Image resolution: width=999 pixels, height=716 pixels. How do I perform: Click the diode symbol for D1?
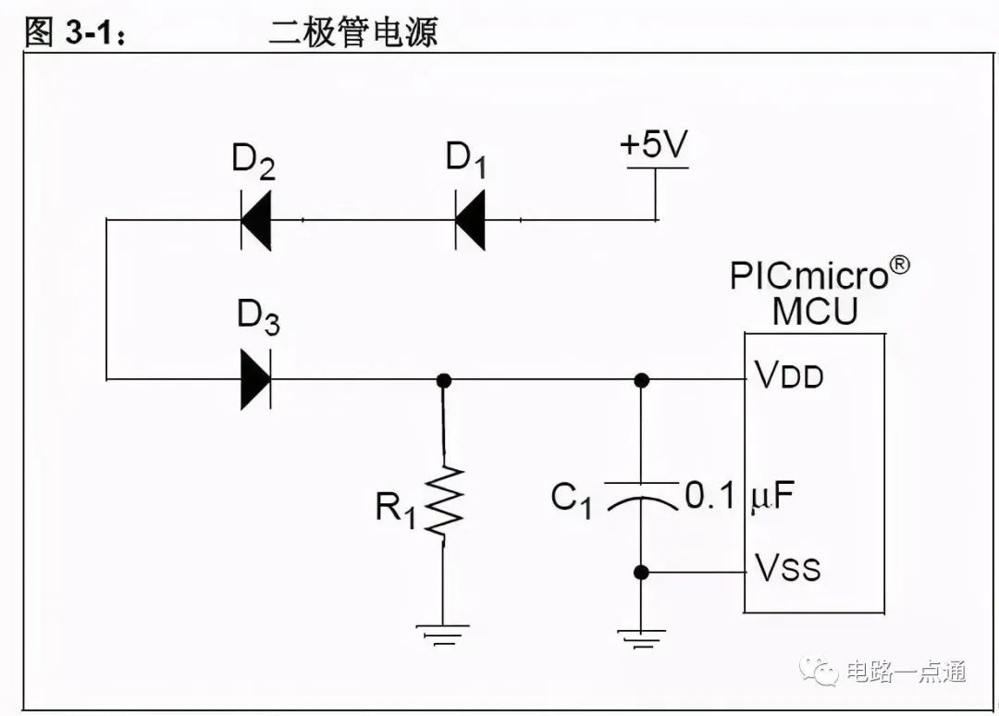pyautogui.click(x=470, y=220)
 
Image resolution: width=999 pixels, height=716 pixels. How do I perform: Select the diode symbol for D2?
pyautogui.click(x=256, y=220)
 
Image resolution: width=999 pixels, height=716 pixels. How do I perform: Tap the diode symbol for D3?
pyautogui.click(x=256, y=379)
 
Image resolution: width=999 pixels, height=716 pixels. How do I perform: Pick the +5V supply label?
pyautogui.click(x=654, y=143)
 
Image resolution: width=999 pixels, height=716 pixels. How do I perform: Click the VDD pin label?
pyautogui.click(x=789, y=375)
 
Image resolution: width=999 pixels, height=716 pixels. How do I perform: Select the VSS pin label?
pyautogui.click(x=787, y=566)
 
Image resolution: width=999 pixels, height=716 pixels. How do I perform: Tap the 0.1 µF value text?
pyautogui.click(x=740, y=496)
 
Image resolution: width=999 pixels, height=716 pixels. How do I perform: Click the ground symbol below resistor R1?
pyautogui.click(x=443, y=635)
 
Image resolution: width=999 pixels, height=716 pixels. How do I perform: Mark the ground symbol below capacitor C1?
pyautogui.click(x=642, y=638)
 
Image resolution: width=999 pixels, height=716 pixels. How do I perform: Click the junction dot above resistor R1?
pyautogui.click(x=444, y=381)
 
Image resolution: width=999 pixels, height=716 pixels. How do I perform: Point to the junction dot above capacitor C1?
pyautogui.click(x=642, y=381)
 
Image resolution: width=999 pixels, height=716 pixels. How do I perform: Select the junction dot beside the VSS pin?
pyautogui.click(x=642, y=573)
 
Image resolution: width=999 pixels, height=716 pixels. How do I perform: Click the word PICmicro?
pyautogui.click(x=809, y=276)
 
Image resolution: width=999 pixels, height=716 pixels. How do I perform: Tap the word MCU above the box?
pyautogui.click(x=815, y=311)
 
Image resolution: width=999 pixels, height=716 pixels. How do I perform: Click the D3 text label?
pyautogui.click(x=258, y=316)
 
